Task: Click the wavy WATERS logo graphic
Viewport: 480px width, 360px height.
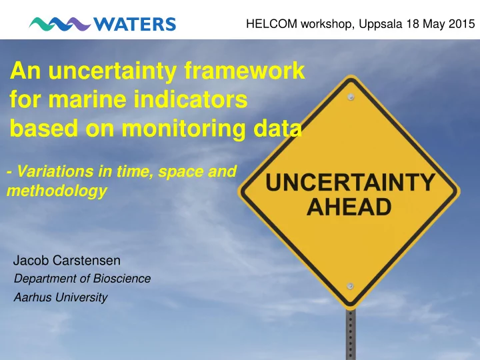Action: coord(60,24)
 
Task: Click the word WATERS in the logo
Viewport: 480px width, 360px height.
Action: coord(135,24)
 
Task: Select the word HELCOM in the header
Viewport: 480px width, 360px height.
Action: coord(271,24)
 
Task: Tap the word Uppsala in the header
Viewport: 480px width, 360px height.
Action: coord(381,24)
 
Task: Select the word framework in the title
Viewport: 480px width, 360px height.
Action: coord(244,70)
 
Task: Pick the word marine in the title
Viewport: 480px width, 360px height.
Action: coord(87,99)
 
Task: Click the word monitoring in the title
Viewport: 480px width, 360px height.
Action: coord(184,129)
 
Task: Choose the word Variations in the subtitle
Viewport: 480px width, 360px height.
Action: coord(55,171)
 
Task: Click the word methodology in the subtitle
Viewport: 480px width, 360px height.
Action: coord(57,191)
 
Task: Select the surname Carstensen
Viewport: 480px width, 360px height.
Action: coord(87,261)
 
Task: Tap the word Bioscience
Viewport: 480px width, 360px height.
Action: coord(122,279)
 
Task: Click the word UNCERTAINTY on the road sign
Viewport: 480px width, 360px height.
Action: coord(350,183)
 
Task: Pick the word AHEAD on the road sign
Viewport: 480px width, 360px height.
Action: coord(349,207)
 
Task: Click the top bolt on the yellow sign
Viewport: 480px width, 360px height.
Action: coord(351,97)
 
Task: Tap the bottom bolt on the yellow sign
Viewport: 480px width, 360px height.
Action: coord(351,286)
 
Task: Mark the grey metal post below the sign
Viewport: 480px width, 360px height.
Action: coord(351,335)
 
